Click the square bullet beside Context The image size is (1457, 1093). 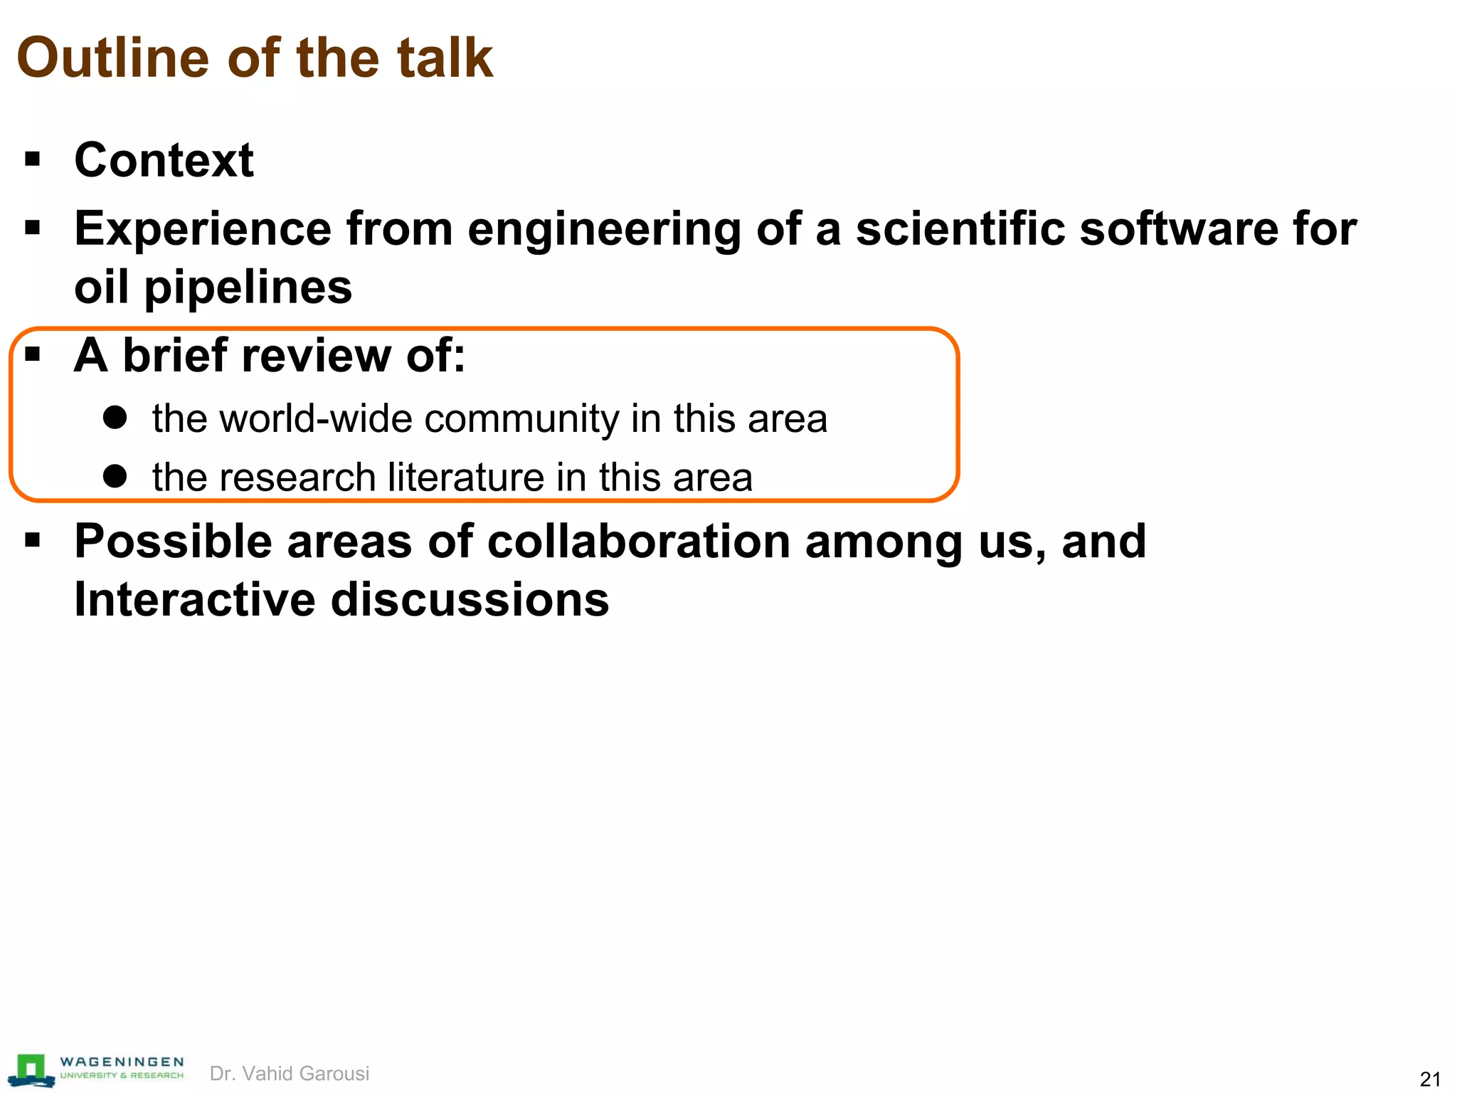point(33,159)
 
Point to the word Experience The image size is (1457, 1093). point(203,229)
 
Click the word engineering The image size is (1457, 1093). point(604,229)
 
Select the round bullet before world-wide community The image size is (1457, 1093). point(115,417)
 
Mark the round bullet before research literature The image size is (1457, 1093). point(115,476)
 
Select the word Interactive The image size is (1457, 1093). point(194,599)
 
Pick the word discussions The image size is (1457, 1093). point(470,599)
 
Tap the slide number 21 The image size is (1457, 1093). point(1430,1079)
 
